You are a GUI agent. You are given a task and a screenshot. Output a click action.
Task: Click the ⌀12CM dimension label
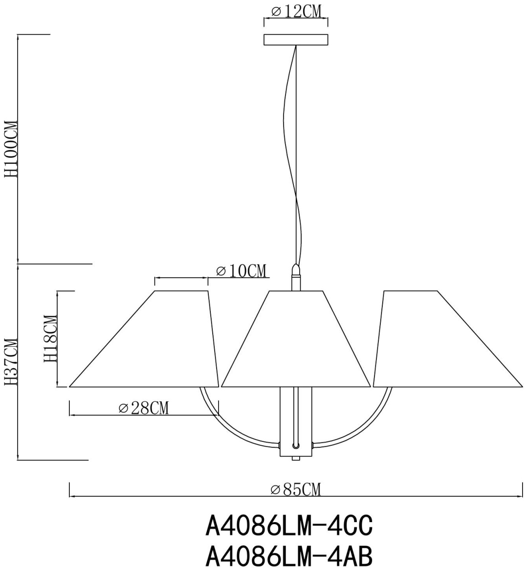point(296,11)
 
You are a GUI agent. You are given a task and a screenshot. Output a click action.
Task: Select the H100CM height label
point(11,149)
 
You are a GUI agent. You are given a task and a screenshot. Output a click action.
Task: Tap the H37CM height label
point(11,362)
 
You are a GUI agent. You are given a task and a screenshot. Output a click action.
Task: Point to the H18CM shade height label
point(50,338)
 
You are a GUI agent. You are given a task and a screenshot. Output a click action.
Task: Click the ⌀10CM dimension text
point(241,271)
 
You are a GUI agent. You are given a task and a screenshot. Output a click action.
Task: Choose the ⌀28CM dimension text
point(144,408)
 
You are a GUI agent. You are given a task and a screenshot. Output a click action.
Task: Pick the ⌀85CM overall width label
point(296,489)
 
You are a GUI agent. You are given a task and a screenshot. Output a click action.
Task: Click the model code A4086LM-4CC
point(289,526)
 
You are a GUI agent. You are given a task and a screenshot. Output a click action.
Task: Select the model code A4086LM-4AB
point(289,557)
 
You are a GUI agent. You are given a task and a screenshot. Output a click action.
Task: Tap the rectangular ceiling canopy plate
point(296,40)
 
